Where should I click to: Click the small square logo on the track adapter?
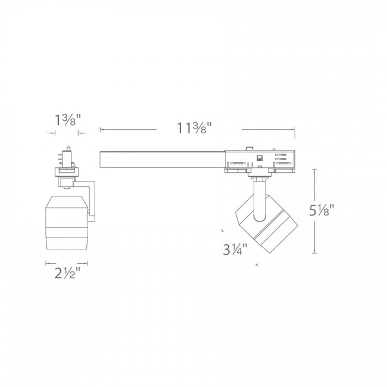260,158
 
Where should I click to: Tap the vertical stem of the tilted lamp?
258,196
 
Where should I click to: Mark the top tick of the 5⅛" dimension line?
314,170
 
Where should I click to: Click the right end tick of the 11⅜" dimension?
295,129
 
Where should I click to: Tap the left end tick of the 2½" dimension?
46,263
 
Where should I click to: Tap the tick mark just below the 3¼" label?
257,264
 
